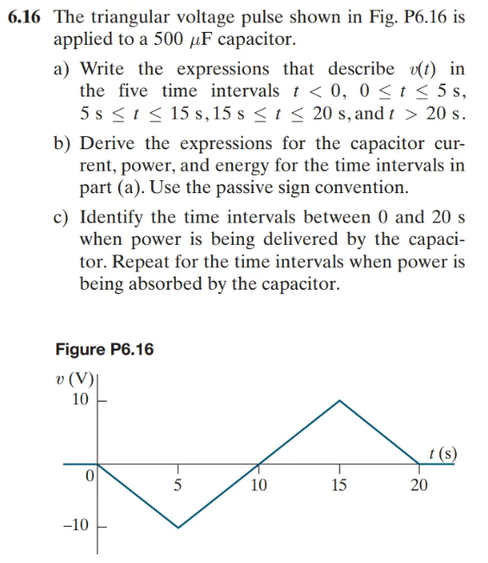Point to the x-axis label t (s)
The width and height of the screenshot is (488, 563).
(x=442, y=452)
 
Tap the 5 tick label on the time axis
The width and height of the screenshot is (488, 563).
(x=178, y=485)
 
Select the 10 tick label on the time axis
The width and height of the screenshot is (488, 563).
(x=258, y=485)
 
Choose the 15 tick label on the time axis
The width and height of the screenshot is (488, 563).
(x=339, y=485)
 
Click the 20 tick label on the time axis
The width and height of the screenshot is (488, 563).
(x=419, y=485)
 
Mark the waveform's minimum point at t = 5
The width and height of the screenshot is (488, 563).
(x=178, y=528)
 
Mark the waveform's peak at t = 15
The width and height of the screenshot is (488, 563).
(x=340, y=400)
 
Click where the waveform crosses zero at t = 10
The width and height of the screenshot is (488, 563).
(x=259, y=464)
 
